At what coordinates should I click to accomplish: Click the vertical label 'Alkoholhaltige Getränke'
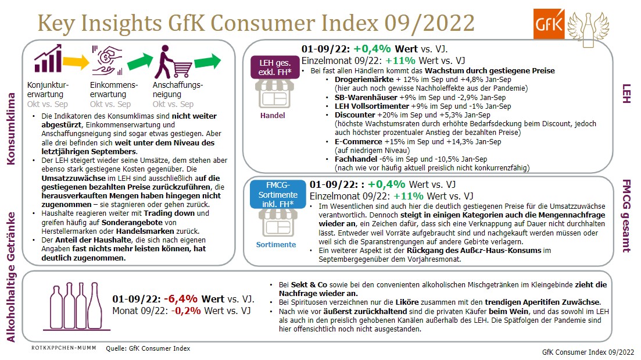[12, 279]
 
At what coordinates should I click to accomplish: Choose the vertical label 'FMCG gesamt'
[626, 215]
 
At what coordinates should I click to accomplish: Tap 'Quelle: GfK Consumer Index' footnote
[148, 348]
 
